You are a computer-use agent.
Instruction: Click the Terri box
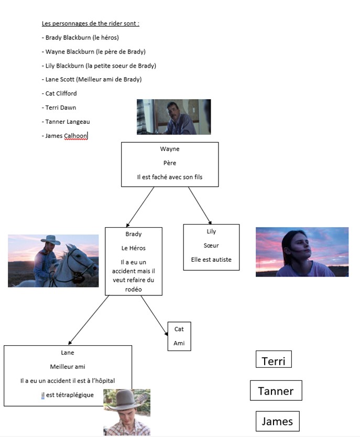click(274, 360)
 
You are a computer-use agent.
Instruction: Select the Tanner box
click(276, 391)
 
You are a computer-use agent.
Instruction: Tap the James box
click(277, 421)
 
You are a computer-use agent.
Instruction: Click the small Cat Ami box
click(179, 336)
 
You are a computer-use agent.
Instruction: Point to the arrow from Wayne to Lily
click(200, 205)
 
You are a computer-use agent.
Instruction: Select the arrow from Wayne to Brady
click(140, 206)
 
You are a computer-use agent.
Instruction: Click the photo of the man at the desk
click(173, 116)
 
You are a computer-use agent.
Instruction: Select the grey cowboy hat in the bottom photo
click(126, 399)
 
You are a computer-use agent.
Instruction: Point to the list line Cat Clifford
click(59, 93)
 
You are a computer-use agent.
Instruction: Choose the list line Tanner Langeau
click(66, 122)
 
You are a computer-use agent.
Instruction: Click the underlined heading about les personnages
click(90, 24)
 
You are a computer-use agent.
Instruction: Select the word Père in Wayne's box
click(169, 163)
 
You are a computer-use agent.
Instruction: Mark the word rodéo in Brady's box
click(134, 289)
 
